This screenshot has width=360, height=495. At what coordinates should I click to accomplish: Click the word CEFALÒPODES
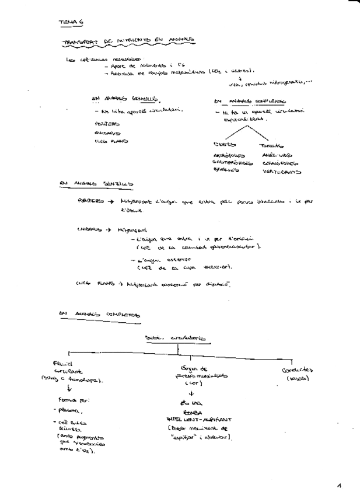pos(278,163)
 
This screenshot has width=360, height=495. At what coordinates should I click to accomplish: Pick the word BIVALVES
pos(226,171)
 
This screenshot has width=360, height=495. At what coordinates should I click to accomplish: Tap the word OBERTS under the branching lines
pos(225,145)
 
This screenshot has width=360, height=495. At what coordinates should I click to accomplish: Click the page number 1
pos(339,484)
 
